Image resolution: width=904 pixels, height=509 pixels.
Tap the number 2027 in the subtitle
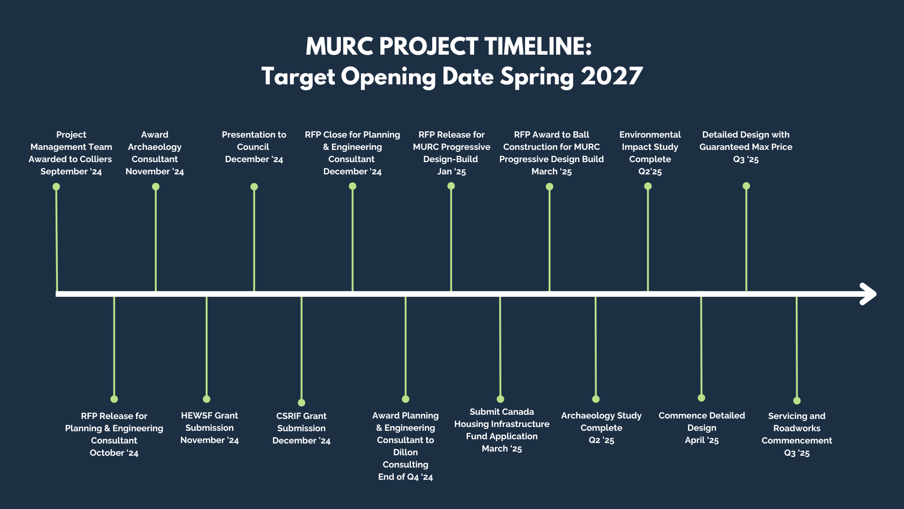coord(612,76)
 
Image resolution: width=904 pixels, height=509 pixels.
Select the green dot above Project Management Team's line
coord(56,187)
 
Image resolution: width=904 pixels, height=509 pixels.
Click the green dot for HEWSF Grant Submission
coord(206,399)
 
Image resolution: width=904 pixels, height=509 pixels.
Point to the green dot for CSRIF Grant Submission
coord(301,402)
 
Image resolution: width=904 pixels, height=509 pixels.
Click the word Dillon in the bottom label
coord(405,452)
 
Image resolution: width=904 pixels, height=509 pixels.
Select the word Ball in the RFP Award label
coord(581,135)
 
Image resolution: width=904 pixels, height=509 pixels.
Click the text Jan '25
coord(452,172)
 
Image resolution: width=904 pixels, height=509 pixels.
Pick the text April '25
coord(702,440)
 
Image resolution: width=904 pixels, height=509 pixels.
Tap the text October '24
coord(114,453)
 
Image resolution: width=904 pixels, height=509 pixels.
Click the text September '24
coord(71,172)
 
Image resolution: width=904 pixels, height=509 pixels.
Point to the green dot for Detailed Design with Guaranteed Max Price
coord(746,186)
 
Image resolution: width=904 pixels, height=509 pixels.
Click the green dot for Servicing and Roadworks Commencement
coord(797,401)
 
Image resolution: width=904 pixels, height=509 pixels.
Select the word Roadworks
coord(797,428)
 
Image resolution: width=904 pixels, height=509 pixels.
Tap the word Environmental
coord(650,135)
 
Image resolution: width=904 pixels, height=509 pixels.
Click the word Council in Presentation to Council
coord(253,147)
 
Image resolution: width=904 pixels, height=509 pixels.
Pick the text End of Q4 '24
coord(405,477)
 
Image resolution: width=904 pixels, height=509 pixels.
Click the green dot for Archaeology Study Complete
coord(596,399)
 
